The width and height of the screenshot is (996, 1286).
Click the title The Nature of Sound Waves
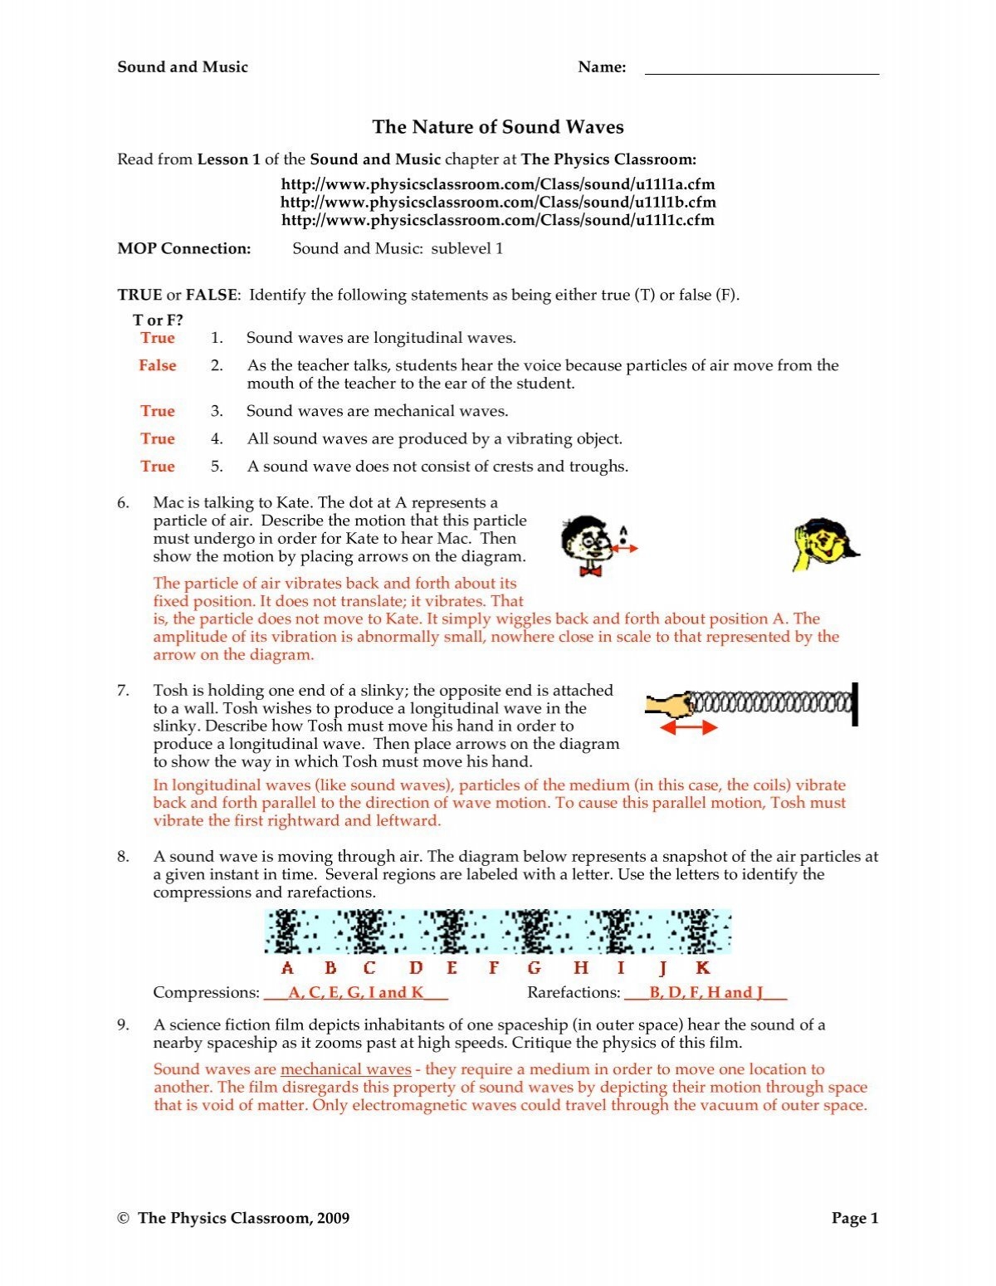497,127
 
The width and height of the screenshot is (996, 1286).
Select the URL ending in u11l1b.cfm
497,202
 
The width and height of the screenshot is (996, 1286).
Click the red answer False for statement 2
157,365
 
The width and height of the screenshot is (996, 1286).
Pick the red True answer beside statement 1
157,338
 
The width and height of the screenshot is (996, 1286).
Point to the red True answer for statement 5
157,467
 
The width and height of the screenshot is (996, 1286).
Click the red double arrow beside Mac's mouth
624,549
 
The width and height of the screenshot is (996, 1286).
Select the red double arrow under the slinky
688,727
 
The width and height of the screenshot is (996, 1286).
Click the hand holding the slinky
667,705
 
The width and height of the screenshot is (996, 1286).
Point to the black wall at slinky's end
854,704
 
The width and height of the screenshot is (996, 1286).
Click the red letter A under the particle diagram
287,968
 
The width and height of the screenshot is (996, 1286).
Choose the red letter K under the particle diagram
702,968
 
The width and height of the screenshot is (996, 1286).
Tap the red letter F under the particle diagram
494,968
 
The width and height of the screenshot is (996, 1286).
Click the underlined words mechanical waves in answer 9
346,1069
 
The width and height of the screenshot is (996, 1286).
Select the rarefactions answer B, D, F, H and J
705,993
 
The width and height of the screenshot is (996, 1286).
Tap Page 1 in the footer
854,1218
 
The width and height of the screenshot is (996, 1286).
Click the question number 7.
123,691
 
